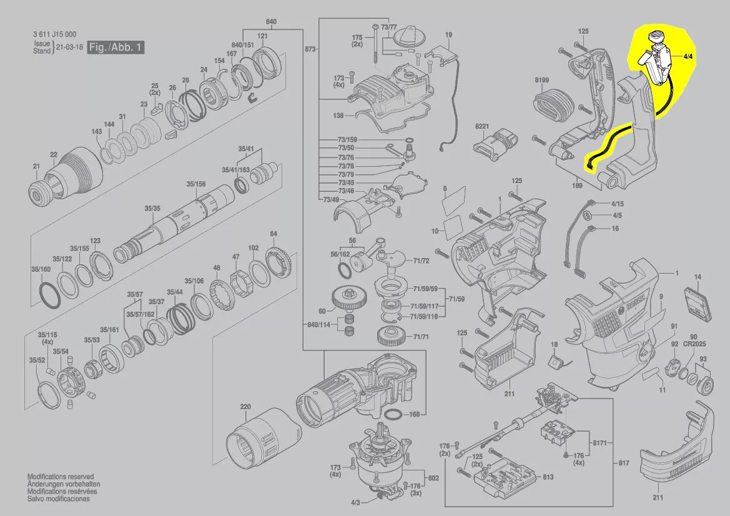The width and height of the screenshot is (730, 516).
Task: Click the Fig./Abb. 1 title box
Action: pyautogui.click(x=116, y=47)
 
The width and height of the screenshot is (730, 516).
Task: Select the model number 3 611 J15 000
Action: pyautogui.click(x=55, y=36)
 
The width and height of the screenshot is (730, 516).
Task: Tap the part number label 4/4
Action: pyautogui.click(x=688, y=56)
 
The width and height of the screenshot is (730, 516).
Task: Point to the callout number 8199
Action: pyautogui.click(x=541, y=81)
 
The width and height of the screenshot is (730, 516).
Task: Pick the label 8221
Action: pyautogui.click(x=481, y=127)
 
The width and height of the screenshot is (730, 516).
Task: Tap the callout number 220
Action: pyautogui.click(x=245, y=407)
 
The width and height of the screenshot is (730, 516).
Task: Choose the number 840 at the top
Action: pyautogui.click(x=272, y=22)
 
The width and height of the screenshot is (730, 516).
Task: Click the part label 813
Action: pyautogui.click(x=548, y=477)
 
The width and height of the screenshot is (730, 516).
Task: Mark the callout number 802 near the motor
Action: pyautogui.click(x=432, y=478)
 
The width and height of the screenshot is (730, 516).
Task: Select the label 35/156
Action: pyautogui.click(x=196, y=184)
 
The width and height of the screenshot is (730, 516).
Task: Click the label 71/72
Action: pyautogui.click(x=422, y=260)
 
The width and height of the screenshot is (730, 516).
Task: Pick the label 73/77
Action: pyautogui.click(x=389, y=27)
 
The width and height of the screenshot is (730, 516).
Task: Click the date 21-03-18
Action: pyautogui.click(x=69, y=47)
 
